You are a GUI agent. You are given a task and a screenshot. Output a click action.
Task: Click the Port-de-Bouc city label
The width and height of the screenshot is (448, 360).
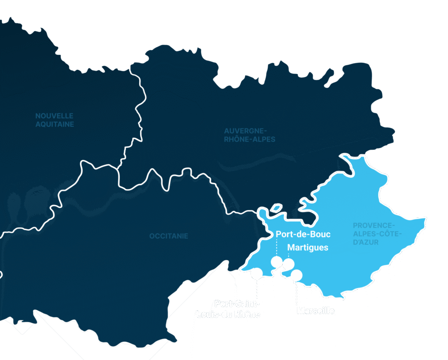tap(303, 234)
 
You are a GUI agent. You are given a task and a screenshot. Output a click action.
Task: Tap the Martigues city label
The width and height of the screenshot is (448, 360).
tap(308, 247)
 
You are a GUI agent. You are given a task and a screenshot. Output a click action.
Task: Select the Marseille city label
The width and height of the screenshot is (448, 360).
tap(315, 311)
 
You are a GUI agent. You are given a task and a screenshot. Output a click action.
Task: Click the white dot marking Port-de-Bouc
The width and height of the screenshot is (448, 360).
tap(277, 261)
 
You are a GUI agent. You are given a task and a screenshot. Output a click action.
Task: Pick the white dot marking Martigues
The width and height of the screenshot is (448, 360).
tap(289, 264)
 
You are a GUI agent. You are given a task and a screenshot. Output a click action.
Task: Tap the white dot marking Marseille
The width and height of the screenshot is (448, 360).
tap(296, 275)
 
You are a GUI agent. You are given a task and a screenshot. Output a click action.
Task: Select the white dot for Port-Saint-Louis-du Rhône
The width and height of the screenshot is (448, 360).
tap(256, 273)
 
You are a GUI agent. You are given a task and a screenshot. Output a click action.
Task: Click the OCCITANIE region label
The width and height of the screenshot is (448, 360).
tap(169, 236)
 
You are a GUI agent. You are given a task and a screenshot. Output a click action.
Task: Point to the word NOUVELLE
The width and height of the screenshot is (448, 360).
tap(54, 116)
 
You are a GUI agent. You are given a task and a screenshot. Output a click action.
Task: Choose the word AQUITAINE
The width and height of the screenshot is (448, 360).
tap(55, 125)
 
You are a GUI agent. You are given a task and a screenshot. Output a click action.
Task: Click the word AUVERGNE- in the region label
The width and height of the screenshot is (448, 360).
tap(246, 131)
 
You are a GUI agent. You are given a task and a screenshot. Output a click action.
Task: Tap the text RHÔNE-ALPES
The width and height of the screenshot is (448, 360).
tap(250, 140)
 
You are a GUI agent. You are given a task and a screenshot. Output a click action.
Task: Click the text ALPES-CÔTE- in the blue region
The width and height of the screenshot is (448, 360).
tap(374, 234)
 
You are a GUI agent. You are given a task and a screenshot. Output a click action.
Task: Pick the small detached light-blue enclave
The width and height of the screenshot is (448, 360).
tap(276, 208)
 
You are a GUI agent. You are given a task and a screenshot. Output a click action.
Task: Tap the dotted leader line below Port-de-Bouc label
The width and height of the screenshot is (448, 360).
tap(277, 247)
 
